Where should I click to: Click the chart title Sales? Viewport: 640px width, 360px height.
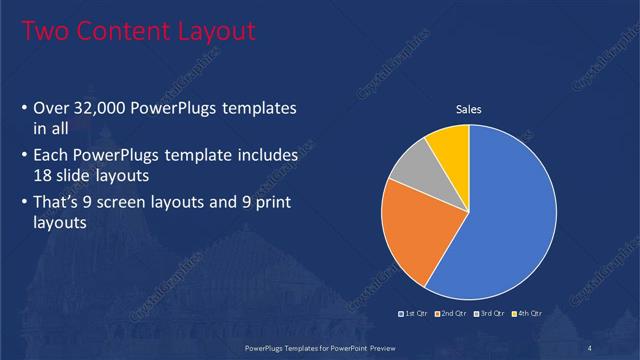pyautogui.click(x=469, y=109)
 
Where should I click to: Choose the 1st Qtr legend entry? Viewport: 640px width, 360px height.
pyautogui.click(x=416, y=314)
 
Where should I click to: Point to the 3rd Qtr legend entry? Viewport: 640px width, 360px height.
pyautogui.click(x=489, y=314)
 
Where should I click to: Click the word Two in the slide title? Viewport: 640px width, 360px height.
pyautogui.click(x=44, y=32)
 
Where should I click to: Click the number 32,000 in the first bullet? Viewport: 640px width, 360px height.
pyautogui.click(x=106, y=107)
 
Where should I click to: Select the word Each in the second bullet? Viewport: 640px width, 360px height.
pyautogui.click(x=52, y=157)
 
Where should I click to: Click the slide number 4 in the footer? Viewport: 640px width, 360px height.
pyautogui.click(x=589, y=347)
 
